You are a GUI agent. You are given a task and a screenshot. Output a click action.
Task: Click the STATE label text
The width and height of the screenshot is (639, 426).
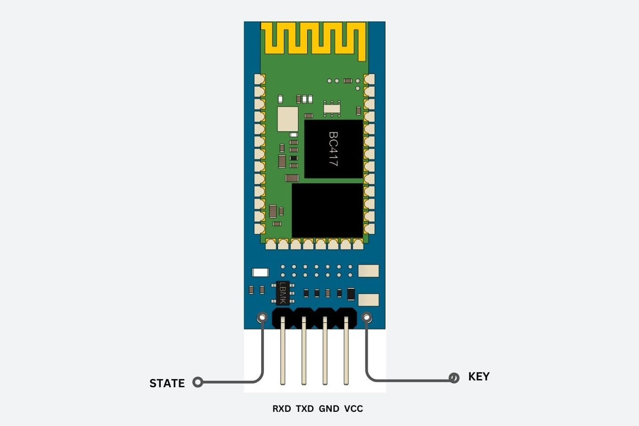point(167,383)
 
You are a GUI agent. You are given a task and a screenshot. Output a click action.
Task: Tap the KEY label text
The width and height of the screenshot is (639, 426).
point(478,376)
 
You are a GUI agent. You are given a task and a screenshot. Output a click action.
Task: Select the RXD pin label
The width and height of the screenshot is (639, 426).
point(282,409)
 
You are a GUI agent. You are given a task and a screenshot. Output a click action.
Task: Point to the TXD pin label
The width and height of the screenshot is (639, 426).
point(305,409)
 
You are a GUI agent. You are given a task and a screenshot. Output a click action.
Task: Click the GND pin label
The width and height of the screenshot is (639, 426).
point(329,409)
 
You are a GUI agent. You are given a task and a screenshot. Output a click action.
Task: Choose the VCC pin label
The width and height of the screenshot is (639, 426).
point(353,409)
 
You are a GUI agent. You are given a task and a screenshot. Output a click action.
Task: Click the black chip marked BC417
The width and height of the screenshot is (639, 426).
point(333,149)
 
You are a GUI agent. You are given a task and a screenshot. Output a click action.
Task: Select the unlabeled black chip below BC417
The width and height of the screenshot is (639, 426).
point(327,210)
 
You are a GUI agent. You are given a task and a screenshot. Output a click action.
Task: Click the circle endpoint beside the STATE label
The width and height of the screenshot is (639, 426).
point(198,382)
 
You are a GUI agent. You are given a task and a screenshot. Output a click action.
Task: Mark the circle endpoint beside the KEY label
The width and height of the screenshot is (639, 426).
point(454,378)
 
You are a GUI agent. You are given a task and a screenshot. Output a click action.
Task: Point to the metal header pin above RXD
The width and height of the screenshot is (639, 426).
point(282,351)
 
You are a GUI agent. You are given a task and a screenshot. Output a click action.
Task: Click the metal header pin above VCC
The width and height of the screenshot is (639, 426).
point(346,351)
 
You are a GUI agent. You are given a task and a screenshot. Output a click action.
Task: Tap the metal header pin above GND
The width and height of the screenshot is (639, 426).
point(325,351)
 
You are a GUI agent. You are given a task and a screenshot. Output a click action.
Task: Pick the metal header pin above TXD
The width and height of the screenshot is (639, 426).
point(304,351)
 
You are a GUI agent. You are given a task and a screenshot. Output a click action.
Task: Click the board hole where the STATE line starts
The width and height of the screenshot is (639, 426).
point(262,317)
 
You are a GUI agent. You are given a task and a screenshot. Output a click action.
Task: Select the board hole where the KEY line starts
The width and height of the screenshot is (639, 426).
point(367,317)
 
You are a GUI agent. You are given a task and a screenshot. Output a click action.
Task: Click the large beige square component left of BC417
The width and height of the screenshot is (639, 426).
point(288,119)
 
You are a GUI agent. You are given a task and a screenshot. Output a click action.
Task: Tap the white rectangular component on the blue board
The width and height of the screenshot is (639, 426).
point(260,272)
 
